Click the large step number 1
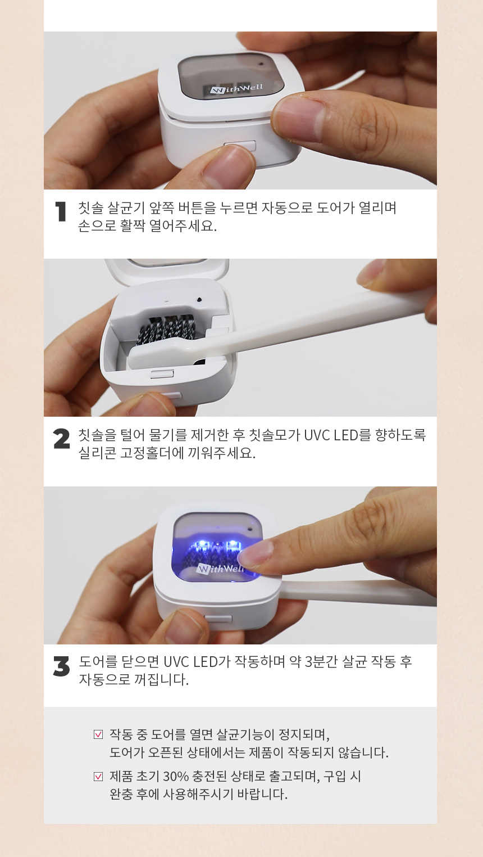61,211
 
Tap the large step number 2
62,439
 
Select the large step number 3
62,666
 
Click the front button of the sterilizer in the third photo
218,618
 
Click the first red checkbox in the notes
98,734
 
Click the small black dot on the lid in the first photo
261,64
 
